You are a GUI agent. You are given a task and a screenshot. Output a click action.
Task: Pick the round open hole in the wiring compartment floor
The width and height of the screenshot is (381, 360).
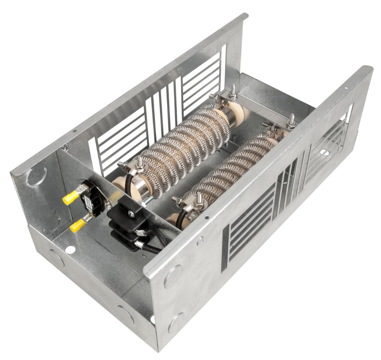click(x=70, y=249)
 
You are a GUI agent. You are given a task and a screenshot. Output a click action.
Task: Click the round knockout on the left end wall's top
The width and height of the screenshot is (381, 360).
click(x=37, y=175)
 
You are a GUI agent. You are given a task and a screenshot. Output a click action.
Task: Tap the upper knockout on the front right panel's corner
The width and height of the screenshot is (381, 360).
click(x=173, y=276)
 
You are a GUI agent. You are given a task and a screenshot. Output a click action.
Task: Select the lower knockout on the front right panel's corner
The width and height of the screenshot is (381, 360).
click(x=176, y=322)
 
